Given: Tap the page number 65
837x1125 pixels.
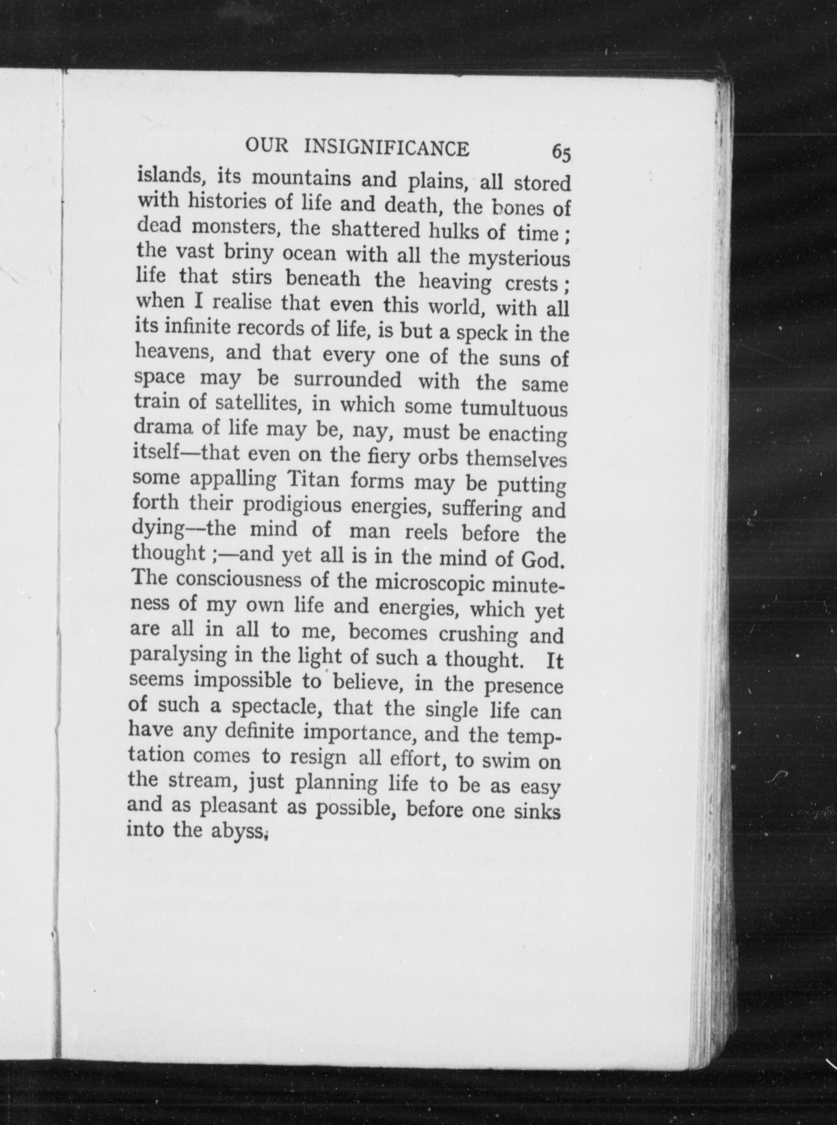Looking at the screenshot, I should pyautogui.click(x=562, y=152).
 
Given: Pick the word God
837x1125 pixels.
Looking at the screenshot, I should pyautogui.click(x=543, y=560).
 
